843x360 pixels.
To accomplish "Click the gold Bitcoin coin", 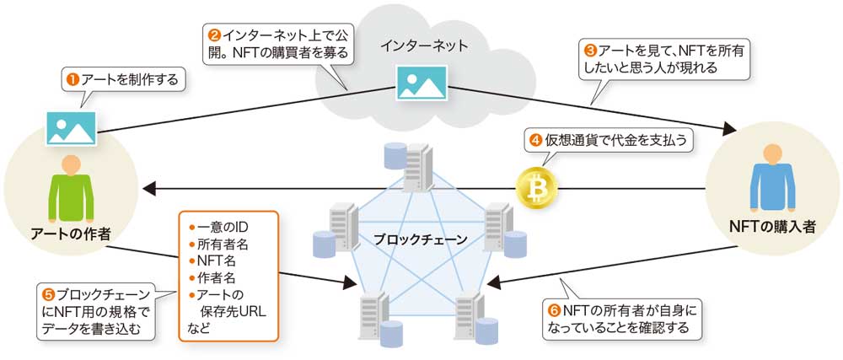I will [x=534, y=187].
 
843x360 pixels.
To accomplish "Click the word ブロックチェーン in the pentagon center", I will [x=421, y=239].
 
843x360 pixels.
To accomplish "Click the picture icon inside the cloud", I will [x=421, y=83].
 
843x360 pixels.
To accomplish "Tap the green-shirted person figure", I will [x=71, y=190].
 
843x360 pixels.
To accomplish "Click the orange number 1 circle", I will [x=73, y=79].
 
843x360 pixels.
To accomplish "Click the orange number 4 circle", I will [x=534, y=140].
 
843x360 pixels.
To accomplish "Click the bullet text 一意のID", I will [x=221, y=227].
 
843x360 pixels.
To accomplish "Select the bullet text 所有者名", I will [x=223, y=244].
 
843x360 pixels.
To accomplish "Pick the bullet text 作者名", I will [x=217, y=277].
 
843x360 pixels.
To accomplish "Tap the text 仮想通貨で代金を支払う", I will [x=617, y=140].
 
